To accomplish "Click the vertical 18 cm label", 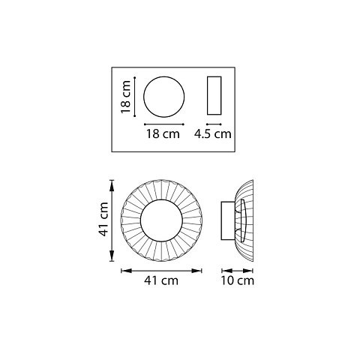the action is pyautogui.click(x=126, y=97).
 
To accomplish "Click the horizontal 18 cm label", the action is pyautogui.click(x=163, y=133).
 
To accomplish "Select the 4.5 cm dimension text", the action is pyautogui.click(x=213, y=133).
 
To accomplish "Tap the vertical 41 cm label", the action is pyautogui.click(x=103, y=219).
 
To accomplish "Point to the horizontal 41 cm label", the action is pyautogui.click(x=161, y=280).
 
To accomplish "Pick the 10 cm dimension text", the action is pyautogui.click(x=237, y=280).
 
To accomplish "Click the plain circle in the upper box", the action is pyautogui.click(x=164, y=97).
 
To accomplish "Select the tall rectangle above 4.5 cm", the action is pyautogui.click(x=214, y=95).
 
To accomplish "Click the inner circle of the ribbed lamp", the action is pyautogui.click(x=161, y=220).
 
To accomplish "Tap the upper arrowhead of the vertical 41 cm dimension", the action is pyautogui.click(x=112, y=186).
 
